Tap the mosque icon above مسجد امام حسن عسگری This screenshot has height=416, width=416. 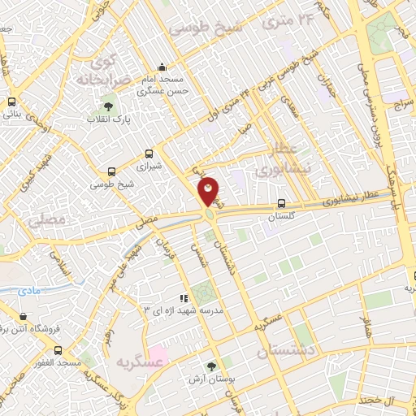162,67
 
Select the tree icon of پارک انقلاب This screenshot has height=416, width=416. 108,106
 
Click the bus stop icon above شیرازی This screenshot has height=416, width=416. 149,153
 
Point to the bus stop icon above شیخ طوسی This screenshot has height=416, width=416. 111,171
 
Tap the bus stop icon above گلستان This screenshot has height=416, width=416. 281,204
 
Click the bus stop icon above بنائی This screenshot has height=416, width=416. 11,102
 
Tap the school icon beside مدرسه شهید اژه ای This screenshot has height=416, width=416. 184,298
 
